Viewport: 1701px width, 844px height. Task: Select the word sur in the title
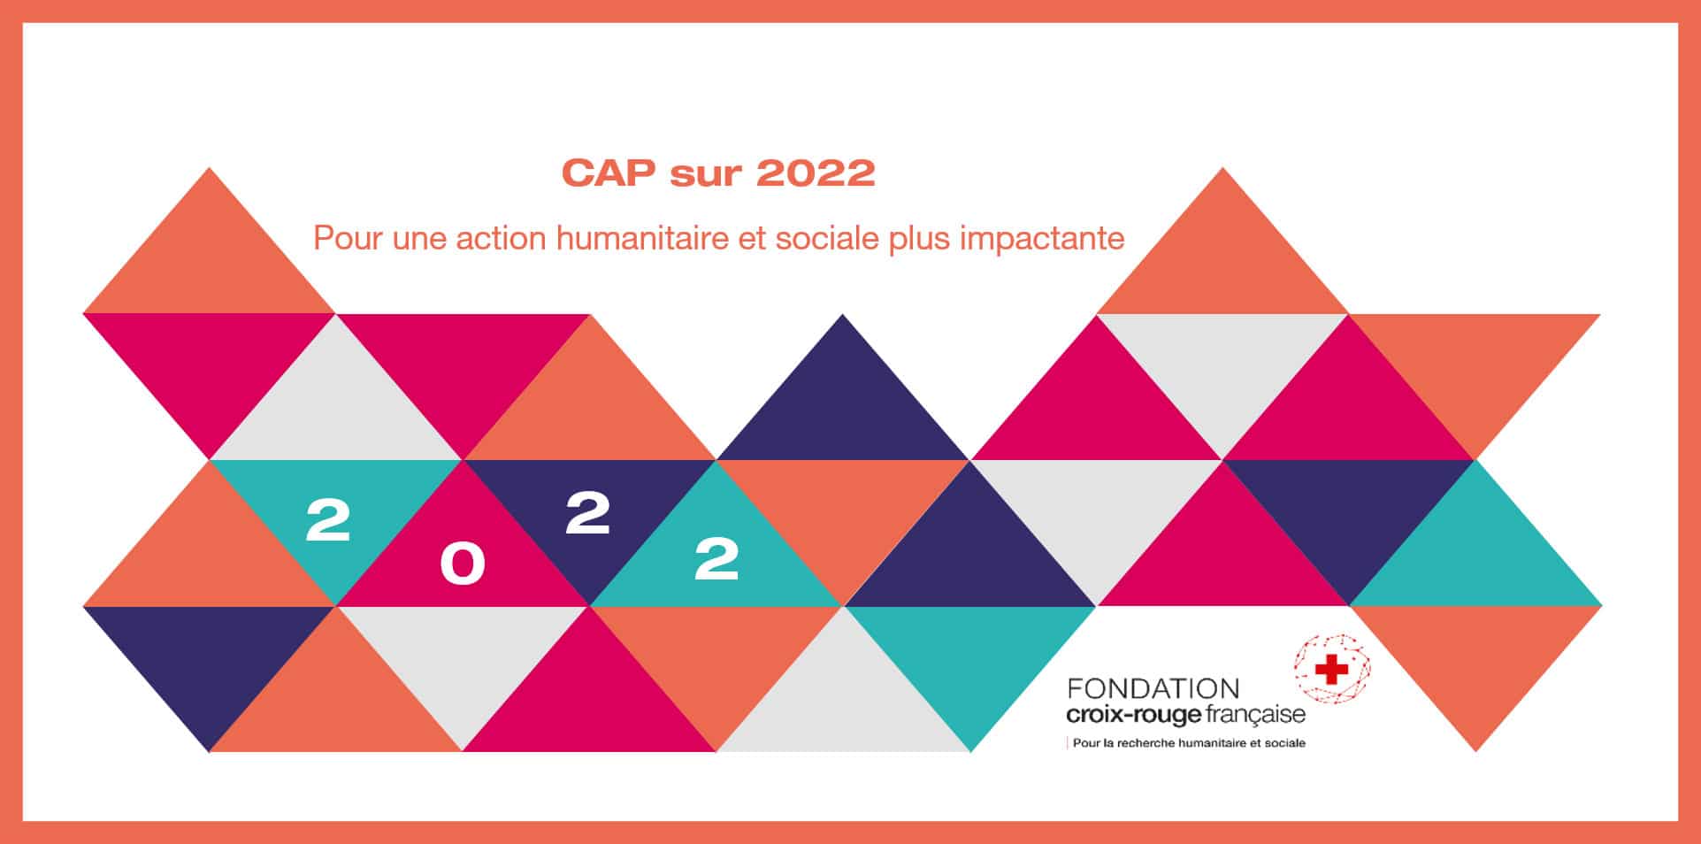(705, 175)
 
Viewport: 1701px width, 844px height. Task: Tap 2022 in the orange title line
(816, 173)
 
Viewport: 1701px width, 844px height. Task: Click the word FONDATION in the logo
(1153, 688)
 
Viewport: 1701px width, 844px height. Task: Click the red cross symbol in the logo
(1331, 670)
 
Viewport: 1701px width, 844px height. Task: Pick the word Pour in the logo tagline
(1086, 743)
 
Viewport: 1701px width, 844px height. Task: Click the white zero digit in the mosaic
(463, 564)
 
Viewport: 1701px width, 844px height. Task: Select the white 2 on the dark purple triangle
(588, 513)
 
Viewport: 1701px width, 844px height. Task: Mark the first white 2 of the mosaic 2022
(328, 519)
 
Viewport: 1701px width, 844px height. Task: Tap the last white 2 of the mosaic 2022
(716, 559)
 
